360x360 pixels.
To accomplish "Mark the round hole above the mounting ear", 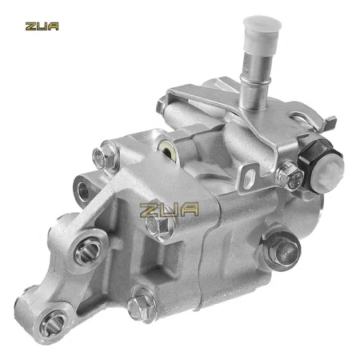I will point(84,189).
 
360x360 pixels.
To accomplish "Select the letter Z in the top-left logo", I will point(29,27).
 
